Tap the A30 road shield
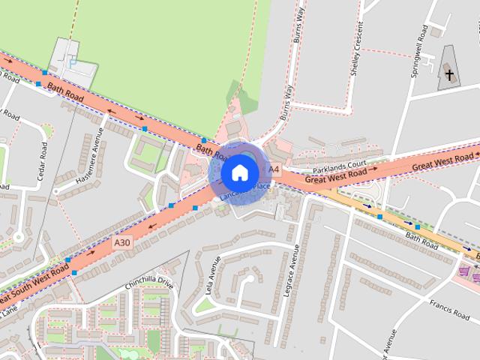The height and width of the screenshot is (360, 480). (122, 242)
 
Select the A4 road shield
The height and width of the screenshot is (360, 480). (274, 169)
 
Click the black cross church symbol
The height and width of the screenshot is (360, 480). (449, 73)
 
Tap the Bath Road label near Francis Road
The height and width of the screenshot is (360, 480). (421, 240)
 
